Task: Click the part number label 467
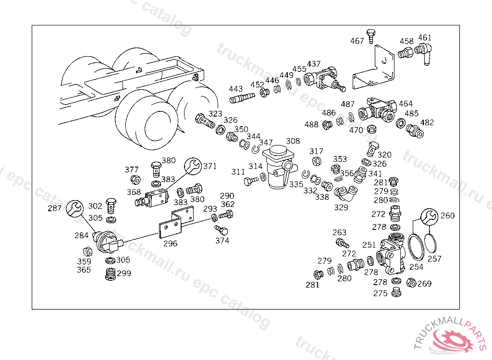[x=357, y=41]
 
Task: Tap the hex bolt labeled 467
[x=371, y=36]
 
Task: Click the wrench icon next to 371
[x=193, y=166]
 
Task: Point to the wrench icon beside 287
[x=74, y=208]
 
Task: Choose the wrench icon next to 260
[x=429, y=216]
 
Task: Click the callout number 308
[x=293, y=141]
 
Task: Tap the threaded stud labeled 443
[x=242, y=98]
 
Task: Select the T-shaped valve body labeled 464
[x=378, y=110]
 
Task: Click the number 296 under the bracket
[x=170, y=243]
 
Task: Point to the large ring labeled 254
[x=416, y=247]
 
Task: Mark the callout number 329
[x=341, y=207]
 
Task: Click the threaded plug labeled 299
[x=111, y=274]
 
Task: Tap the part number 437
[x=313, y=64]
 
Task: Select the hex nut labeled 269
[x=411, y=283]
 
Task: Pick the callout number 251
[x=369, y=245]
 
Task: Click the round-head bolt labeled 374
[x=221, y=230]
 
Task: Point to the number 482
[x=427, y=122]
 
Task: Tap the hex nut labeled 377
[x=135, y=180]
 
